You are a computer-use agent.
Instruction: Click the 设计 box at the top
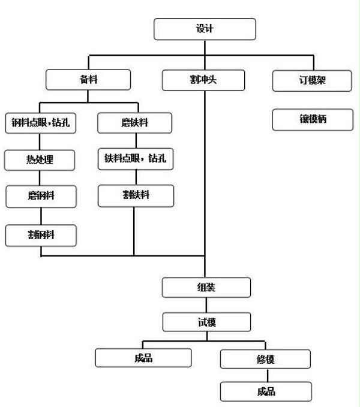point(205,29)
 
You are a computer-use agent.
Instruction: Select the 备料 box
point(88,80)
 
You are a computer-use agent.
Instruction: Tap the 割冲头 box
point(204,80)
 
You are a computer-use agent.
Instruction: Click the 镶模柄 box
point(311,119)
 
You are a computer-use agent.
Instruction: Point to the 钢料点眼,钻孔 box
point(40,122)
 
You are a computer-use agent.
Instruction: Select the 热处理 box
point(40,159)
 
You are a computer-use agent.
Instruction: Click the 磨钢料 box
point(41,195)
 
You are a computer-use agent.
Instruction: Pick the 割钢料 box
point(41,234)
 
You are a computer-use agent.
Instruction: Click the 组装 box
point(206,287)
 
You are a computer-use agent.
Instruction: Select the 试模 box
point(206,322)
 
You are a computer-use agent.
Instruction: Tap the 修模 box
point(265,359)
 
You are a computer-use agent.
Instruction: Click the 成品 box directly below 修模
point(265,392)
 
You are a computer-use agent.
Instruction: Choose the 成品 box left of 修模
point(143,358)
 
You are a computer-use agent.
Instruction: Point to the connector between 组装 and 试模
point(206,305)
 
